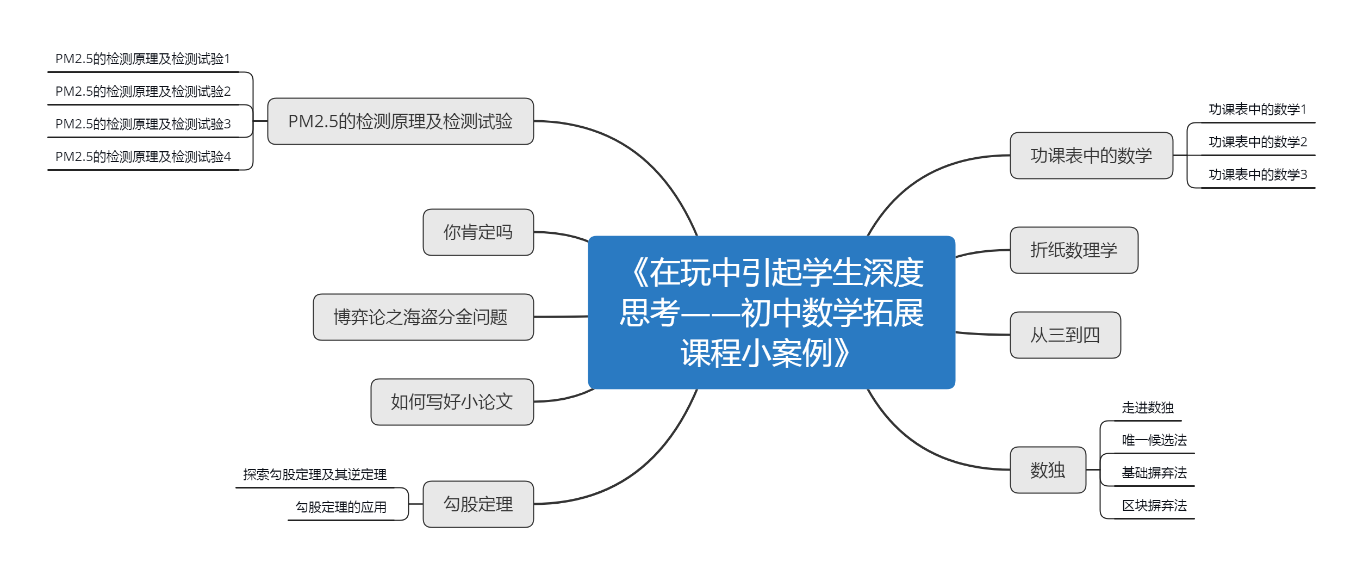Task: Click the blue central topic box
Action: click(771, 312)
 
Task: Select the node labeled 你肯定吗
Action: click(478, 232)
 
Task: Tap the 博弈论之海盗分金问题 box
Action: click(424, 317)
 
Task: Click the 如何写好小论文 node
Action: click(452, 402)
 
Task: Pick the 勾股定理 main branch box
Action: click(478, 504)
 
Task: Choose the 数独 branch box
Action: click(1048, 470)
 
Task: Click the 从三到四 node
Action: click(1066, 335)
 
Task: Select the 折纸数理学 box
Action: click(1074, 250)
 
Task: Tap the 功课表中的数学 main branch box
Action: click(1092, 156)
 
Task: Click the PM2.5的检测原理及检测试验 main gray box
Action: click(401, 121)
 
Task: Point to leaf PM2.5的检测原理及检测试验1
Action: click(143, 59)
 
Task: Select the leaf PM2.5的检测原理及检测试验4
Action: click(143, 157)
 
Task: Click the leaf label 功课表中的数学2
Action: click(1258, 142)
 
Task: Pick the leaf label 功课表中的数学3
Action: click(1258, 175)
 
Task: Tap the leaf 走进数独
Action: click(1148, 407)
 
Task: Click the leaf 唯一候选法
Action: click(1154, 440)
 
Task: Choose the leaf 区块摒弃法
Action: click(1154, 505)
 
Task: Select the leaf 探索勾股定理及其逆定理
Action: click(315, 474)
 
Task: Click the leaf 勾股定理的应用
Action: click(341, 507)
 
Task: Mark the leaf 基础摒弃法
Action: click(1154, 473)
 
